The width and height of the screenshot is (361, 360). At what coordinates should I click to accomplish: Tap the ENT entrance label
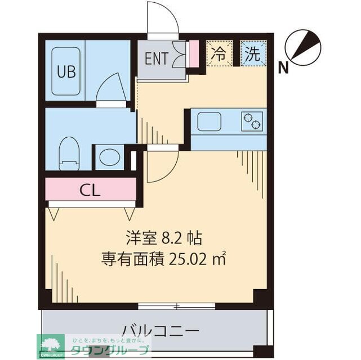click(x=156, y=58)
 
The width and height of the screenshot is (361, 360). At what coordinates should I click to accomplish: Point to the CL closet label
click(x=90, y=190)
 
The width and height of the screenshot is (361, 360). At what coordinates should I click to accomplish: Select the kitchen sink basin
click(x=211, y=120)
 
